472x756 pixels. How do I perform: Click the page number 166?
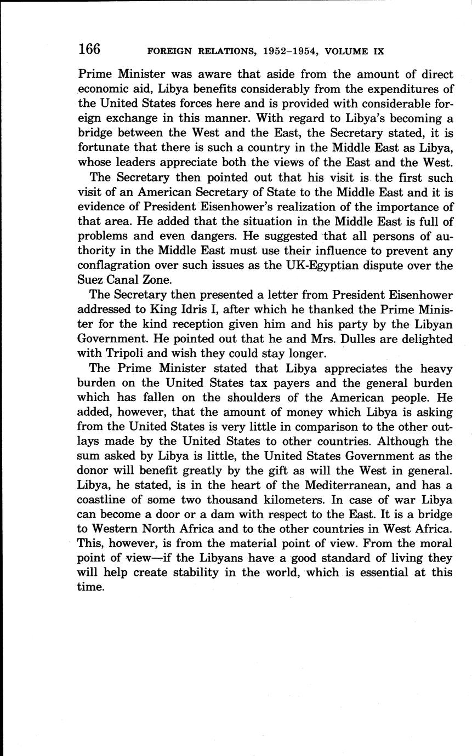coord(89,49)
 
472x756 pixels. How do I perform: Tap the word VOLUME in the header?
coord(346,51)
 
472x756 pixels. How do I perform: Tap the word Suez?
coord(91,280)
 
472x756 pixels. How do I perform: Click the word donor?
coord(94,471)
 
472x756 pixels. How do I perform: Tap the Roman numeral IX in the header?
coord(378,51)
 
